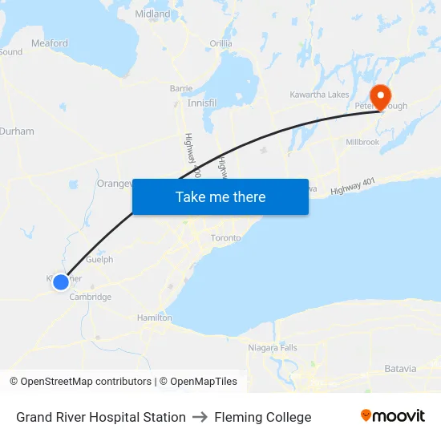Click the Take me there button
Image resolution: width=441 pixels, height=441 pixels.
pyautogui.click(x=220, y=196)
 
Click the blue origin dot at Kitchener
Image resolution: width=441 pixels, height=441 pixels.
pyautogui.click(x=61, y=281)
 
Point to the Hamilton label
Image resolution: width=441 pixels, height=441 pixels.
pyautogui.click(x=155, y=318)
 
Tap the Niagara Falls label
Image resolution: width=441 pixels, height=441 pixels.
pyautogui.click(x=273, y=347)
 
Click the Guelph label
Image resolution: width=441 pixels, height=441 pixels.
pyautogui.click(x=99, y=260)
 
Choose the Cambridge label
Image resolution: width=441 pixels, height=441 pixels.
pyautogui.click(x=90, y=297)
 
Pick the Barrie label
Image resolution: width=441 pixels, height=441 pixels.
pyautogui.click(x=181, y=88)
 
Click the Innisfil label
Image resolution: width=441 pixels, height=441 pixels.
pyautogui.click(x=202, y=103)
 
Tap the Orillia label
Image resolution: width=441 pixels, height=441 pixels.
pyautogui.click(x=220, y=43)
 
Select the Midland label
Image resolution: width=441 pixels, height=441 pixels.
pyautogui.click(x=152, y=14)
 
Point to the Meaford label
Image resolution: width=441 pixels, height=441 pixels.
pyautogui.click(x=50, y=43)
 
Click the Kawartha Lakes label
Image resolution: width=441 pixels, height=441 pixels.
pyautogui.click(x=319, y=95)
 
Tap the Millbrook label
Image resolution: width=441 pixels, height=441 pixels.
pyautogui.click(x=362, y=141)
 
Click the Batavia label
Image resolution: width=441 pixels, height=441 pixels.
pyautogui.click(x=400, y=369)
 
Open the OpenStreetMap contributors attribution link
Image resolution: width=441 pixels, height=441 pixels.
pyautogui.click(x=80, y=382)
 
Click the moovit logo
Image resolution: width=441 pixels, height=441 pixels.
pyautogui.click(x=393, y=416)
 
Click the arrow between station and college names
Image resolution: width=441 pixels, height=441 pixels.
pyautogui.click(x=200, y=417)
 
